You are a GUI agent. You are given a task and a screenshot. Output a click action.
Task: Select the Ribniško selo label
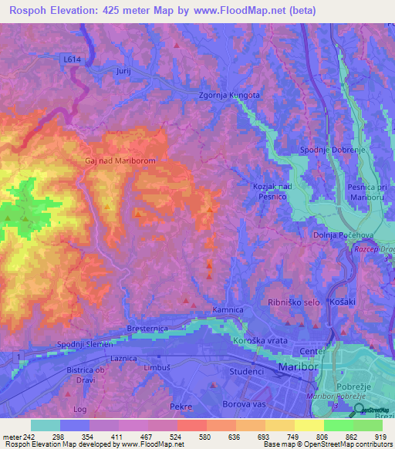[x=293, y=303]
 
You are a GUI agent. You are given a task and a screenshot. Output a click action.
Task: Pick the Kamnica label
[x=228, y=310]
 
